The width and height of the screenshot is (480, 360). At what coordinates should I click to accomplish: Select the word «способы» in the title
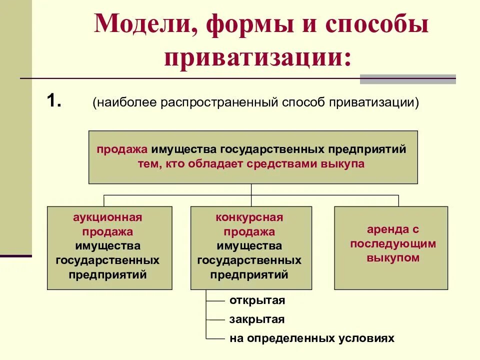[x=378, y=25]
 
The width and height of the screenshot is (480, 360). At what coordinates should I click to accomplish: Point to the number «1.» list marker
[x=54, y=101]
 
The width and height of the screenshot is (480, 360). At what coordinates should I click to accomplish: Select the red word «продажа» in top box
[x=122, y=149]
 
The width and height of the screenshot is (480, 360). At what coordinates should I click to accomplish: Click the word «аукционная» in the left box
[x=107, y=217]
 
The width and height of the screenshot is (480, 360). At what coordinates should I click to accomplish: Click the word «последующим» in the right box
[x=393, y=244]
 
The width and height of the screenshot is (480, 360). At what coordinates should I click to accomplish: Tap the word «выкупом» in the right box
[x=393, y=258]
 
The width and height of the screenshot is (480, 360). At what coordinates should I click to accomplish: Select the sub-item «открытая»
[x=257, y=300]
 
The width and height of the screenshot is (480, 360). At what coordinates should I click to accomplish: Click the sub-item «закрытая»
[x=257, y=319]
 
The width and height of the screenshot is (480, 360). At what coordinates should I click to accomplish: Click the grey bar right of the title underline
[x=407, y=79]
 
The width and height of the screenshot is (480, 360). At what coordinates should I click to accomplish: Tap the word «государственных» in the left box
[x=107, y=260]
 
